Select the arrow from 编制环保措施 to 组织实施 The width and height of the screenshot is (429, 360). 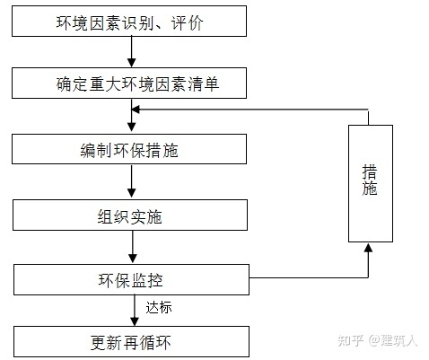[132, 183]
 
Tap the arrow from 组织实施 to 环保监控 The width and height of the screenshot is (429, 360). [132, 248]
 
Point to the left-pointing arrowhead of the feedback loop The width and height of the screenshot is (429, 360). [137, 109]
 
